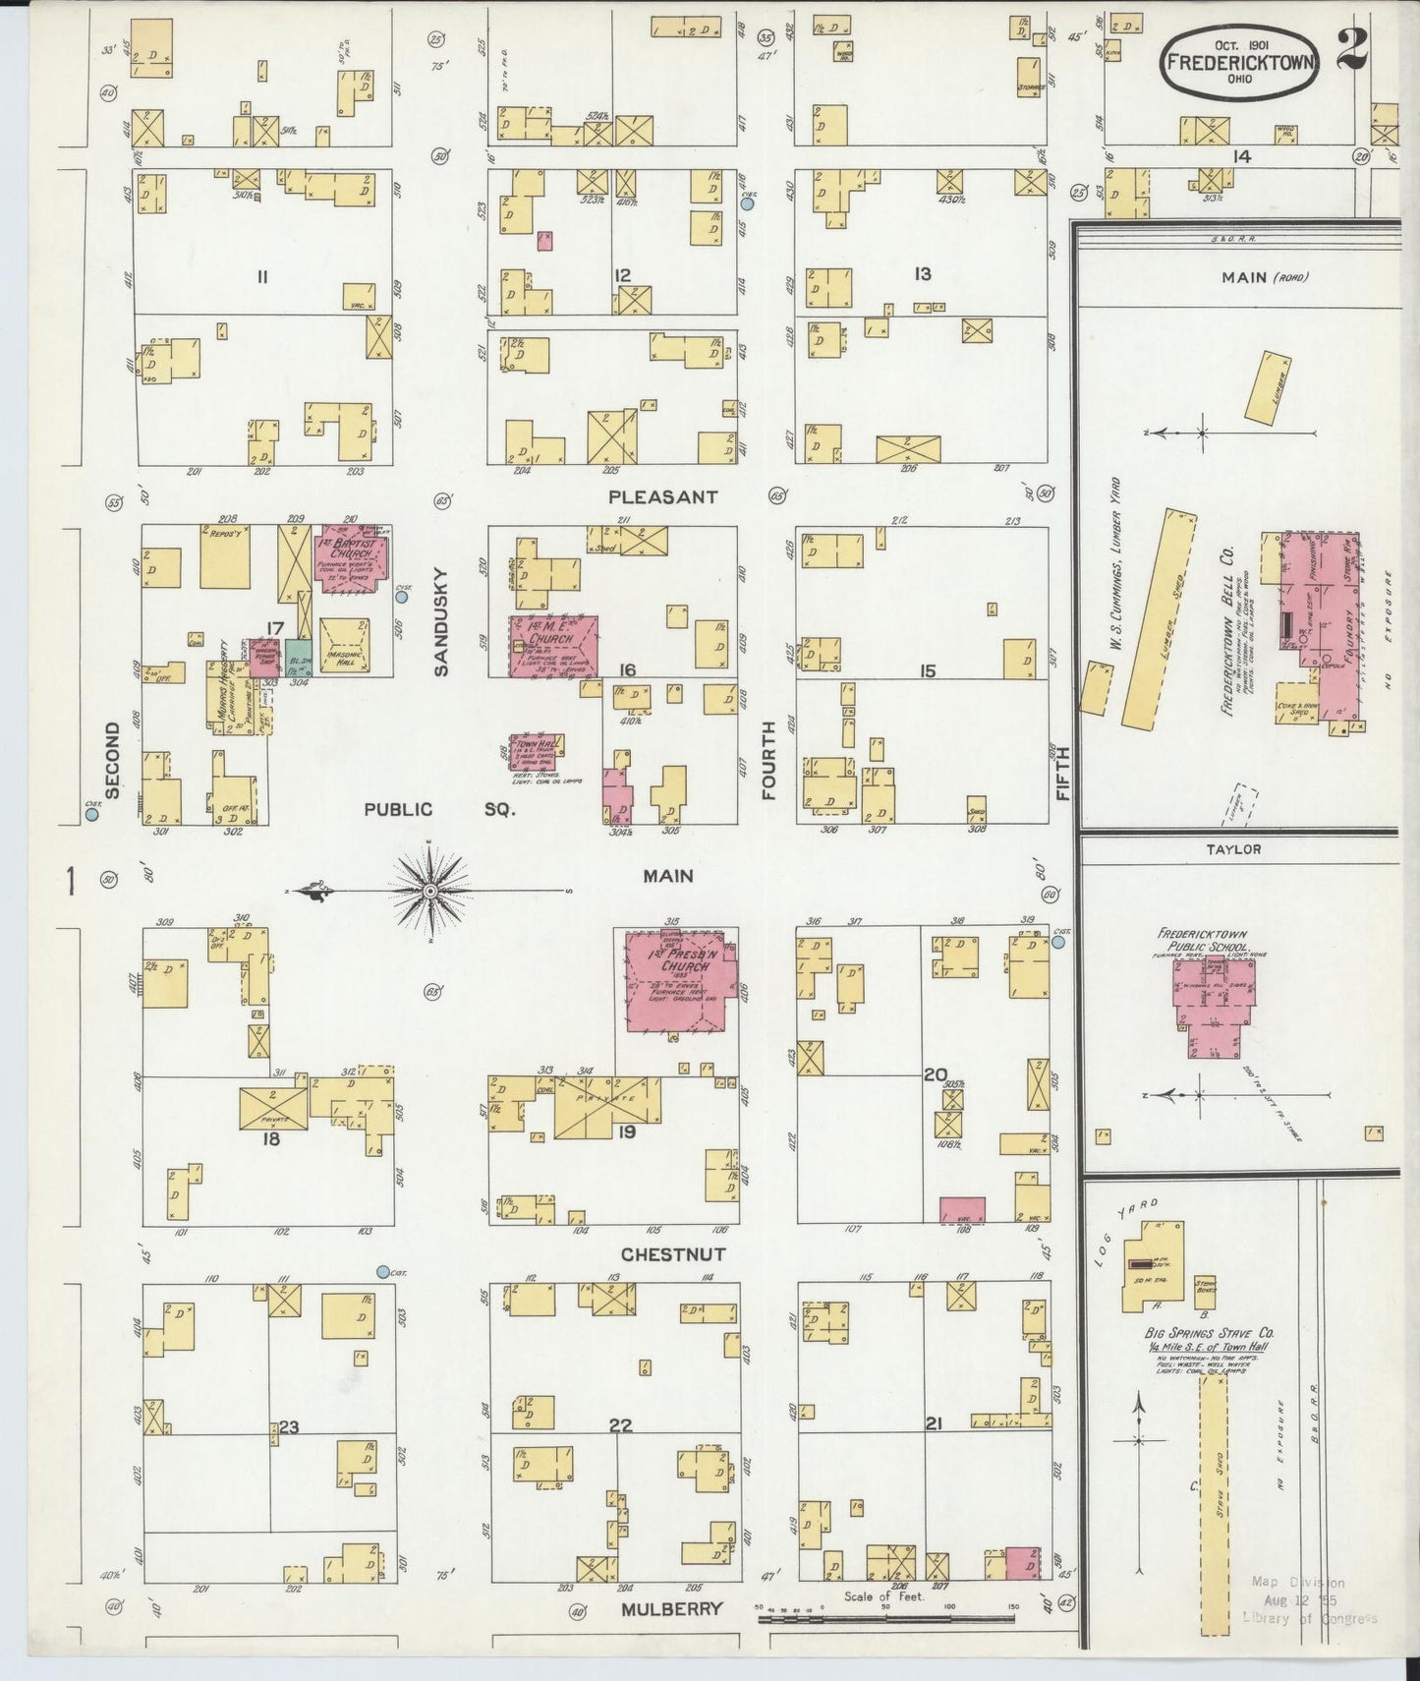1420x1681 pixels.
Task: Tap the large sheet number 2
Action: (x=1354, y=49)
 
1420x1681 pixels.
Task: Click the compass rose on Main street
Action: (x=429, y=891)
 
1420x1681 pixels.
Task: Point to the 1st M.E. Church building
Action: (x=552, y=646)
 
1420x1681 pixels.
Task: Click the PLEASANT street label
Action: (x=662, y=497)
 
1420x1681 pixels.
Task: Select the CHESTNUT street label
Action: (x=673, y=1254)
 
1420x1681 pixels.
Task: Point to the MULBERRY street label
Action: (x=672, y=1609)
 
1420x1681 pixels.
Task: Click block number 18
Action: (x=270, y=1139)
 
